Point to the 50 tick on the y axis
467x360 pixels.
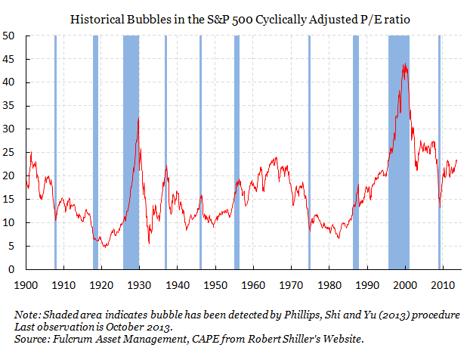[12, 36]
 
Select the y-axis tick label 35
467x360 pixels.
[12, 106]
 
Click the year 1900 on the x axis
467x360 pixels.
[26, 286]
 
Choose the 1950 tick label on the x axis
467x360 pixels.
[216, 286]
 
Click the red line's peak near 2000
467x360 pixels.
[406, 65]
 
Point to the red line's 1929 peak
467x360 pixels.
[138, 117]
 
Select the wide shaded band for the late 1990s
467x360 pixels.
[398, 151]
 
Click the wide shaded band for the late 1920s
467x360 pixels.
[131, 151]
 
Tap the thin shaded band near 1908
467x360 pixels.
[55, 151]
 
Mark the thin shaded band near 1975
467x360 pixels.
[309, 151]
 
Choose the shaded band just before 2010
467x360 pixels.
[439, 151]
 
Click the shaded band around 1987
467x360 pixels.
[356, 151]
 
